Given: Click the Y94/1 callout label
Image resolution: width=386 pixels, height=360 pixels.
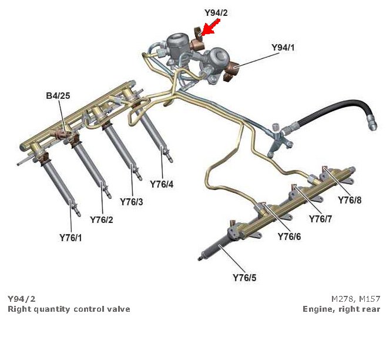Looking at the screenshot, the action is (x=283, y=46).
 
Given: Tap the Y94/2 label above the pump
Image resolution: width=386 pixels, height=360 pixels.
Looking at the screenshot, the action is (x=216, y=12).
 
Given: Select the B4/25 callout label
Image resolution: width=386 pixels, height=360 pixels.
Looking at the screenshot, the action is (x=58, y=95).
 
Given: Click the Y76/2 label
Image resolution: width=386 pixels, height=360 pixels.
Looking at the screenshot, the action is (x=102, y=219).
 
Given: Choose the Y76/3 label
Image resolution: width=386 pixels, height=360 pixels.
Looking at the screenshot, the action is (x=132, y=202).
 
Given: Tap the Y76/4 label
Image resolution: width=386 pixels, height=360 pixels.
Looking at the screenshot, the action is (x=162, y=184).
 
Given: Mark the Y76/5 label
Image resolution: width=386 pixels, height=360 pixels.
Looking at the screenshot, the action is (x=244, y=278).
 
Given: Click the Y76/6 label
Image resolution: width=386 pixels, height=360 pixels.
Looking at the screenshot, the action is (x=289, y=236).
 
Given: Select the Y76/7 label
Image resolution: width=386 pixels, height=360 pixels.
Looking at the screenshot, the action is (x=321, y=219).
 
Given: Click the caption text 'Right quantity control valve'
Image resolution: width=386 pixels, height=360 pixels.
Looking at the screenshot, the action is (x=69, y=309).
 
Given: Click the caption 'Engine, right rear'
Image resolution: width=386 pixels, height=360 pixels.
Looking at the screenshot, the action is (x=341, y=309).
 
